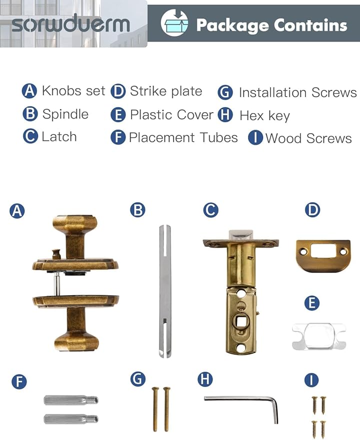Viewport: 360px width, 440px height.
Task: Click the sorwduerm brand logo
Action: (x=70, y=24)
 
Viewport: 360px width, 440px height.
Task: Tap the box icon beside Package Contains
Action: (x=174, y=23)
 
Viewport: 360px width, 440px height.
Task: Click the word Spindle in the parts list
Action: (x=65, y=115)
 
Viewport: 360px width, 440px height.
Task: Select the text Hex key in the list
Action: (x=264, y=116)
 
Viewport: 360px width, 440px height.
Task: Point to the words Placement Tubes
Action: (x=183, y=138)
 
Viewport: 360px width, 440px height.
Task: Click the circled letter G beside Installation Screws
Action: (x=225, y=93)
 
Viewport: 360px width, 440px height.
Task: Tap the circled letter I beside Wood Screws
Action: (x=255, y=138)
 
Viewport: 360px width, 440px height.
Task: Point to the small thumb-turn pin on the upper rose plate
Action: (x=56, y=254)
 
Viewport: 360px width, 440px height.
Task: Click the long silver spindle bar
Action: (x=165, y=291)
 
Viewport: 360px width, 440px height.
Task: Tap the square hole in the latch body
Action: (x=240, y=322)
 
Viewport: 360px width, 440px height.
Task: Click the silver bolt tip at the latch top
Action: (x=241, y=235)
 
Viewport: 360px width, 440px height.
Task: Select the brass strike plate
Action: (x=323, y=256)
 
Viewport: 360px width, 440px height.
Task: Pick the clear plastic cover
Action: (x=319, y=336)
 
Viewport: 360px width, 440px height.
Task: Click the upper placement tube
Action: (x=71, y=400)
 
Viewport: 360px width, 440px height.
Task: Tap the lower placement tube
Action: (x=71, y=419)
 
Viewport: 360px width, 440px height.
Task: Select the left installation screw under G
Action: (x=155, y=409)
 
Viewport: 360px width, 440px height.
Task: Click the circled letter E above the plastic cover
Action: (x=312, y=303)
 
